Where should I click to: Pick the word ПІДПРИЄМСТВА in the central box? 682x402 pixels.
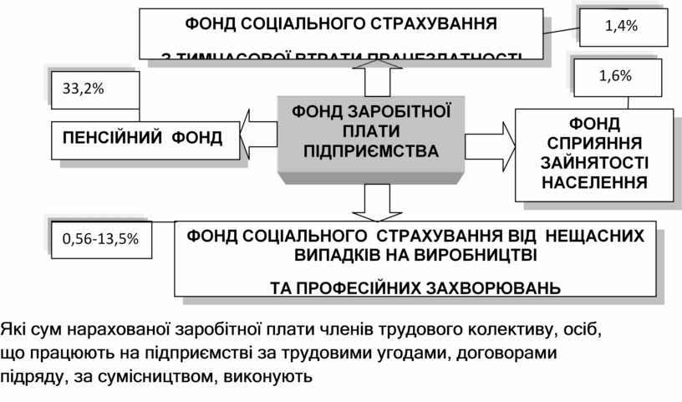click(370, 151)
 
